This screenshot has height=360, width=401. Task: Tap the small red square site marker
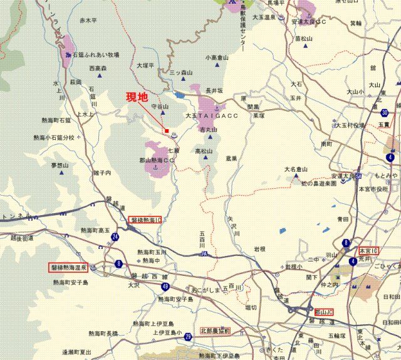tap(167, 131)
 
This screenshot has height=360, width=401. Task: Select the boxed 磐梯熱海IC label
tap(145, 220)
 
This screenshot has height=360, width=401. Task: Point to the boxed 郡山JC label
tap(324, 311)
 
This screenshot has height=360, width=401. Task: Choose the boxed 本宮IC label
tap(369, 250)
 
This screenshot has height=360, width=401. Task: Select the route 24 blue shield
tap(116, 236)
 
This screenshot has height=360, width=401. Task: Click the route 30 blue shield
tap(384, 112)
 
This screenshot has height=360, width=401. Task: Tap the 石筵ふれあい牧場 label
tap(95, 55)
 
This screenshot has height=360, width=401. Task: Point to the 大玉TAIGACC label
tap(210, 117)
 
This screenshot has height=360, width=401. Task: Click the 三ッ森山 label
tap(182, 73)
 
